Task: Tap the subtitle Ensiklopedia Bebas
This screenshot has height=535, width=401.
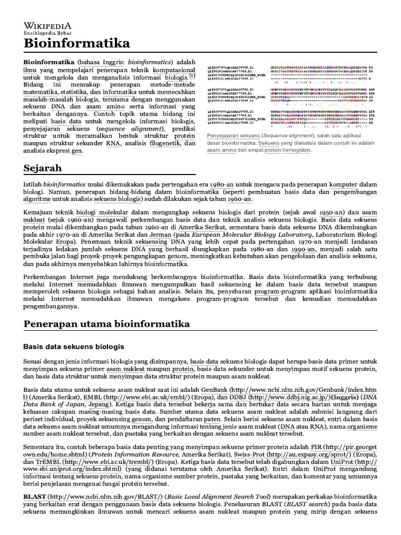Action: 48,33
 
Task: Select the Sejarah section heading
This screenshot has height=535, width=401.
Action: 43,168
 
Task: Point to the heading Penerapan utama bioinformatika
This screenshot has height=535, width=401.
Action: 107,324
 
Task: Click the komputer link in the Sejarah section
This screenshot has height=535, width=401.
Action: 341,185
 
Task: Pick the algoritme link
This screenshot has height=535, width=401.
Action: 39,200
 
